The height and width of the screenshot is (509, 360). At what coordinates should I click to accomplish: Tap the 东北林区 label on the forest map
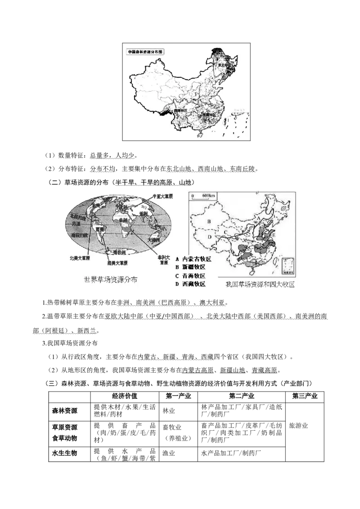[225, 65]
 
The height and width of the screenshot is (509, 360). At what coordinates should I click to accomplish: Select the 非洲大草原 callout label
[163, 259]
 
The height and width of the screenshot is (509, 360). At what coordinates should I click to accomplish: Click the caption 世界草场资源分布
[111, 280]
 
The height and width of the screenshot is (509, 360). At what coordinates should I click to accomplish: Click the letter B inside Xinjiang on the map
[209, 221]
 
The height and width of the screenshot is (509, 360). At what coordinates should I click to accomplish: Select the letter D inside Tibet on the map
[209, 237]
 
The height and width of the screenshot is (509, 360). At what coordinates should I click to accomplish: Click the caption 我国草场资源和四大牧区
[260, 285]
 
